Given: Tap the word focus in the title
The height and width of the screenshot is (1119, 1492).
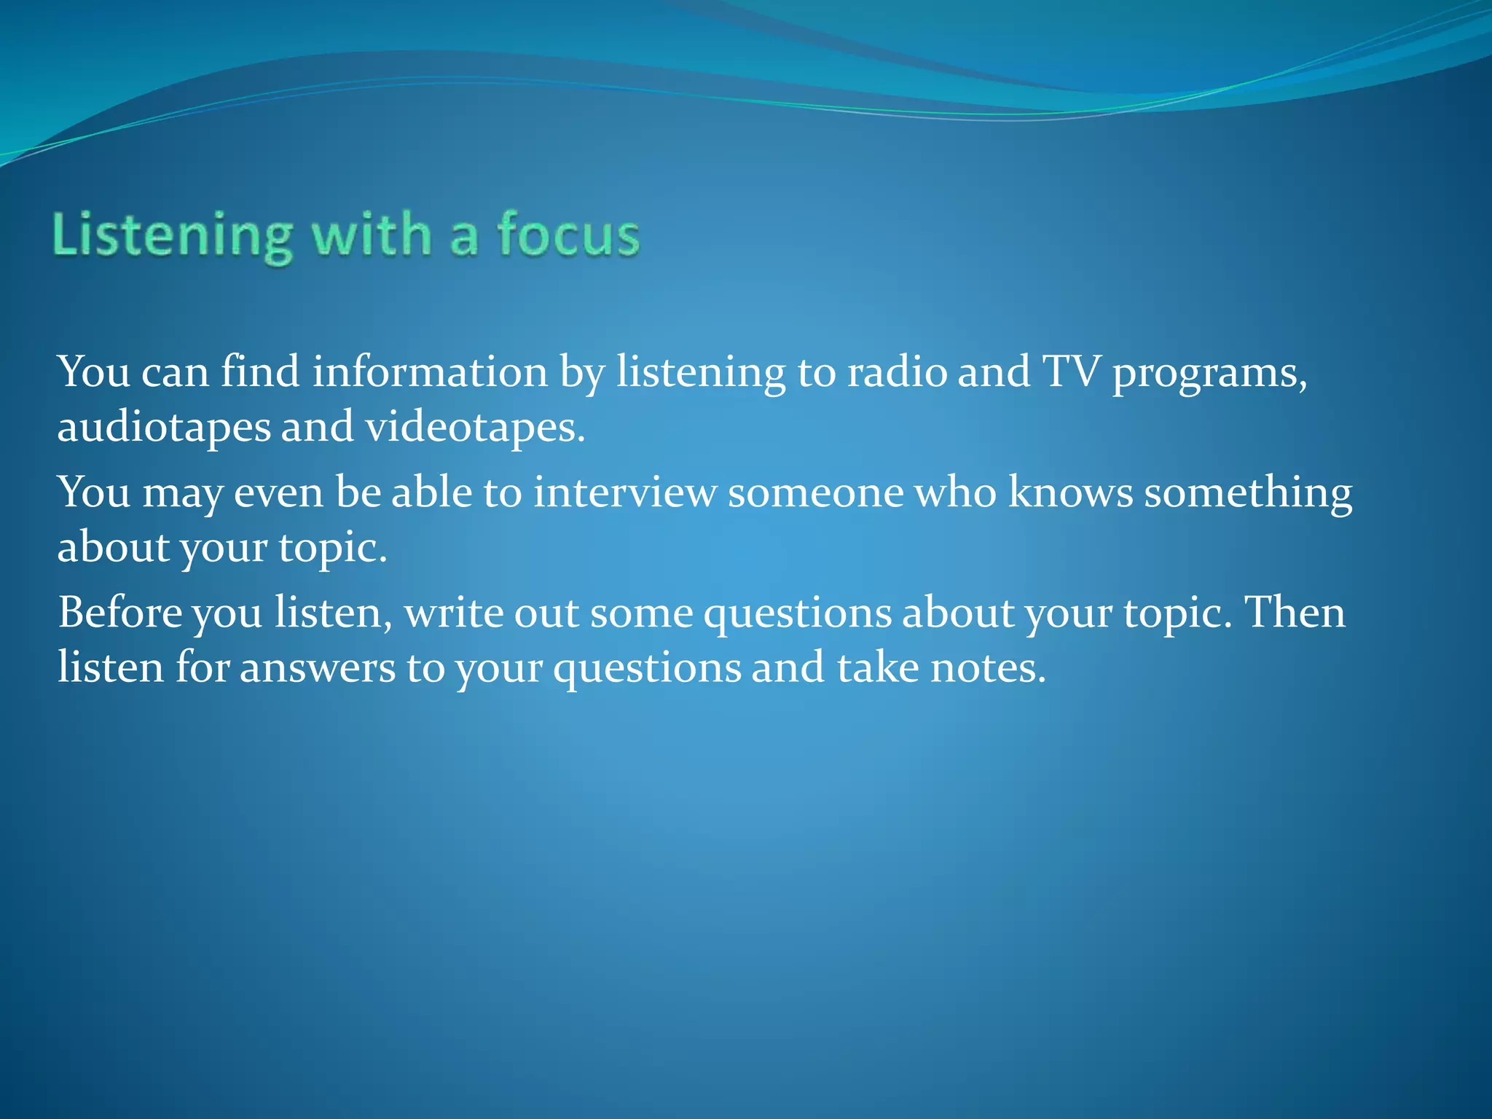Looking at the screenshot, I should (x=568, y=235).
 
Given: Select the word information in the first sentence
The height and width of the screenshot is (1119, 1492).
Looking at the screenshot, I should (x=430, y=372).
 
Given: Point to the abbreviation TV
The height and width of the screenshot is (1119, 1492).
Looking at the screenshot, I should (x=1070, y=372).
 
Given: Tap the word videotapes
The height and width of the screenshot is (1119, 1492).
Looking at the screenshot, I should (x=475, y=428).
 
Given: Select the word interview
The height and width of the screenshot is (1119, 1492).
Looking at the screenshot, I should (x=625, y=492).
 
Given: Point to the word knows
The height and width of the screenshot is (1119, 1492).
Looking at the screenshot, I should (x=1070, y=492).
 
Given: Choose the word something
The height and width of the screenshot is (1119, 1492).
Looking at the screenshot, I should (x=1248, y=494).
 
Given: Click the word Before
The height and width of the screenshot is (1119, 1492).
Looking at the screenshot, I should (x=120, y=613).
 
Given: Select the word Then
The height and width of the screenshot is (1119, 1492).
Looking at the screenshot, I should (x=1295, y=613).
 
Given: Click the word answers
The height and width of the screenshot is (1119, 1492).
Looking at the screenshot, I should (x=317, y=669).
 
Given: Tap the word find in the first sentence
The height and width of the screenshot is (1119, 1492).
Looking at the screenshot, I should (x=260, y=372).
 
